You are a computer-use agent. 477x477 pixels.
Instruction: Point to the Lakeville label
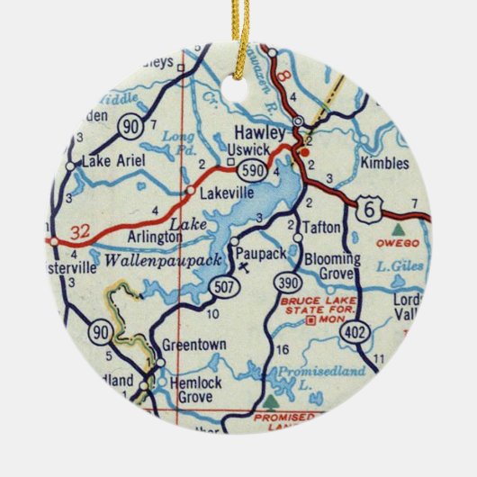(x=225, y=192)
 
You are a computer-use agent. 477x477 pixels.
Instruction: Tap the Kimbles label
(x=382, y=165)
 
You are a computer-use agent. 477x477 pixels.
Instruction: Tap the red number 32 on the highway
(x=79, y=232)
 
